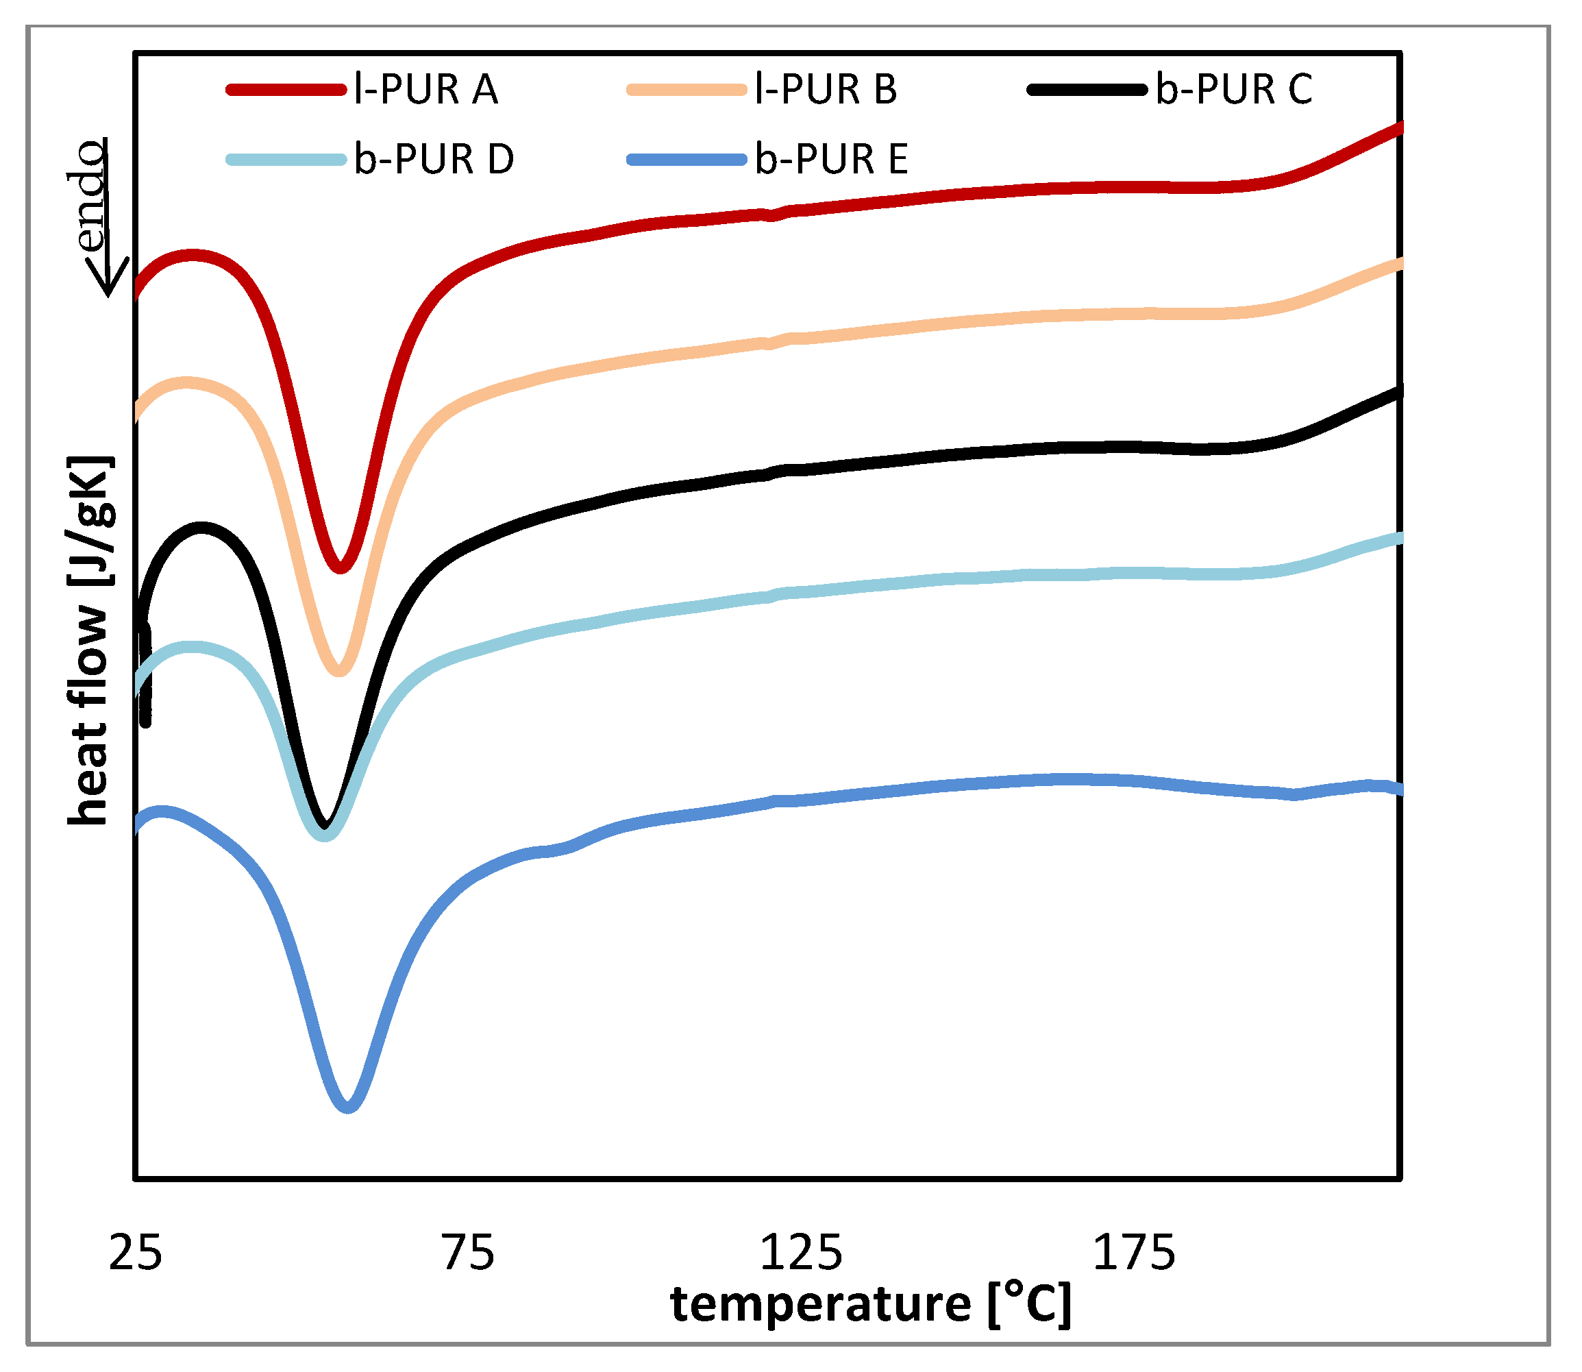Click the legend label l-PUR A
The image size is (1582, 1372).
coord(425,90)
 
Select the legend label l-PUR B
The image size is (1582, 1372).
coord(826,90)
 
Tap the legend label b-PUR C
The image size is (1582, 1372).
coord(1234,90)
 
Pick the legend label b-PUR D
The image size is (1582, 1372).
coord(433,159)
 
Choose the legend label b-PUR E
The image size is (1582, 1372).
coord(831,159)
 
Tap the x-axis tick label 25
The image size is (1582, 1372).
coord(136,1253)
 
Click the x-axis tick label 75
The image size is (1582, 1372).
coord(469,1253)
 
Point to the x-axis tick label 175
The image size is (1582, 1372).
coord(1133,1253)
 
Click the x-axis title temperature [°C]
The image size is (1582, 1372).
coord(871,1306)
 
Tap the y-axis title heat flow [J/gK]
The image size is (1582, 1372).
coord(90,641)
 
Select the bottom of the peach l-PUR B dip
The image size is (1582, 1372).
coord(339,671)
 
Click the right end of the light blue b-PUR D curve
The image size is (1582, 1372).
coord(1399,538)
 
